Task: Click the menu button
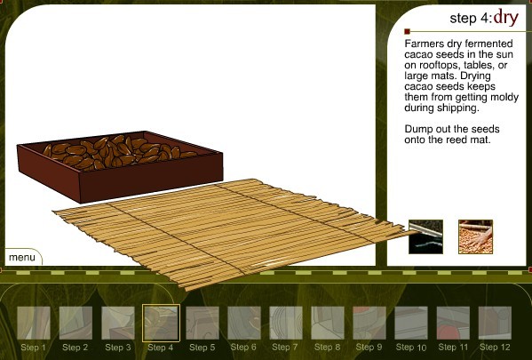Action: coord(22,258)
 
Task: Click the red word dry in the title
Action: coord(506,18)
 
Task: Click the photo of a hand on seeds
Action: coord(475,236)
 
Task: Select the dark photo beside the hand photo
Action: coord(425,236)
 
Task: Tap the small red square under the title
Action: coord(407,32)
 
